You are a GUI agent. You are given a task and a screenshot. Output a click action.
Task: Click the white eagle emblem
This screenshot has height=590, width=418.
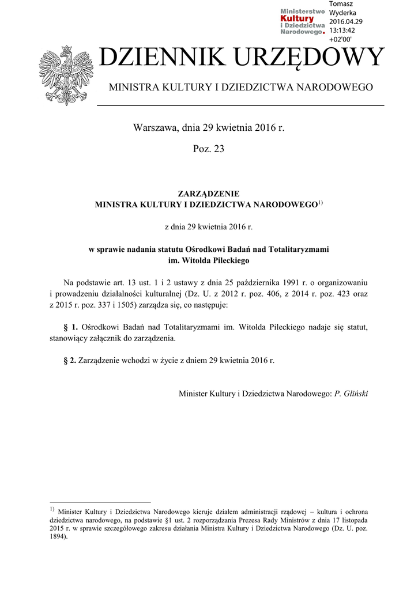[x=66, y=75]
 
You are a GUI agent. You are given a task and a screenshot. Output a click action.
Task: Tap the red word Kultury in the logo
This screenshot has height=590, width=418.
[x=297, y=19]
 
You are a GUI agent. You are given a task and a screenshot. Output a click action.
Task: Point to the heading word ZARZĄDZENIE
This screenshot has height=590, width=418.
[x=209, y=194]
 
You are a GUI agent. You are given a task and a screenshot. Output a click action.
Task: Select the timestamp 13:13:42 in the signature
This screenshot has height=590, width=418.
[x=342, y=31]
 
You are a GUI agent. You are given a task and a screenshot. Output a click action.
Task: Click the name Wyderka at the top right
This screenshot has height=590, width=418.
[x=342, y=13]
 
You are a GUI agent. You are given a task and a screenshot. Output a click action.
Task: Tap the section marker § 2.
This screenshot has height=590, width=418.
[x=70, y=361]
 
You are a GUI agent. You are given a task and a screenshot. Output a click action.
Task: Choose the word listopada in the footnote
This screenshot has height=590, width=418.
[x=353, y=520]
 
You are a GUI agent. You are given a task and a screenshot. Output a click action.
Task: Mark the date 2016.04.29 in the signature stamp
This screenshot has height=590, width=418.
[x=346, y=22]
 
